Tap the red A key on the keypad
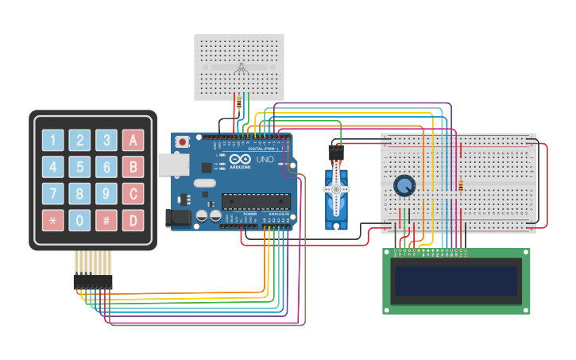133,141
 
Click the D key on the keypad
133,220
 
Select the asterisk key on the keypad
52,220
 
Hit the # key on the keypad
106,220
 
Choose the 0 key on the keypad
79,220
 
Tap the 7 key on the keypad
52,194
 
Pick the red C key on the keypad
133,194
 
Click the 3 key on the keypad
106,141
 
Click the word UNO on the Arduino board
265,160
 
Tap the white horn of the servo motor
336,190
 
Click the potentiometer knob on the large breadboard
404,185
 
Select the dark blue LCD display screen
456,281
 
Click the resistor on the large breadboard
461,186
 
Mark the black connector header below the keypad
93,281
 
